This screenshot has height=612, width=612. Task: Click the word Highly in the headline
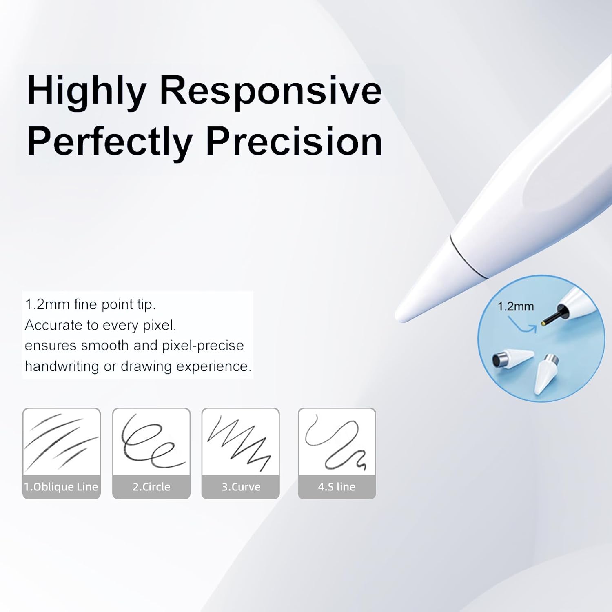point(86,91)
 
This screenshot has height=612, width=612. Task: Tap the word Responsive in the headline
point(271,91)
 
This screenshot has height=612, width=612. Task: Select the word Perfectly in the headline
point(109,142)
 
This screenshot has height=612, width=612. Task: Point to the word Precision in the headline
point(294,142)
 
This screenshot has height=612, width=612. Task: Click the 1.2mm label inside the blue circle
point(515,306)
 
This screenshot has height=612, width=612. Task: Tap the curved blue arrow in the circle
point(523,325)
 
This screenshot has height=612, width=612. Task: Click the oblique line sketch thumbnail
point(61,442)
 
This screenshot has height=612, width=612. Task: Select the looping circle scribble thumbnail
point(151,442)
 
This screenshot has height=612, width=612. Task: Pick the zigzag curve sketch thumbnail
point(240,442)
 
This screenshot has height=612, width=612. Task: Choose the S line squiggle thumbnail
point(337,442)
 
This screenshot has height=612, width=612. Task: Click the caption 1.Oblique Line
point(61,487)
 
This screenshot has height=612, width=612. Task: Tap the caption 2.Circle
point(151,487)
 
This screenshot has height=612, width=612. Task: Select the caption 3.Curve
point(241,487)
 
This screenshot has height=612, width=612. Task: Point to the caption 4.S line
point(337,487)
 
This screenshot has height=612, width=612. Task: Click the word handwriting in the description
point(62,366)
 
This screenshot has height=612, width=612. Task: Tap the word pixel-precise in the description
point(203,346)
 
